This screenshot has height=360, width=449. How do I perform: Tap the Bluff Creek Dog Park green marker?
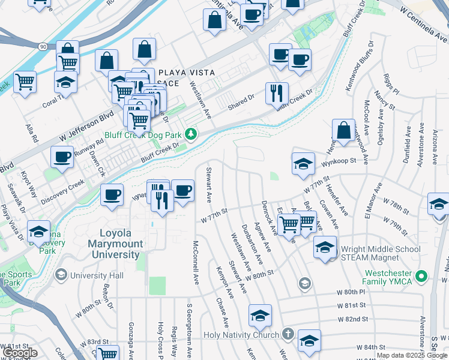[191, 133]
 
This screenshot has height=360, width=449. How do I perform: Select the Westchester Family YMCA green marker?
[422, 276]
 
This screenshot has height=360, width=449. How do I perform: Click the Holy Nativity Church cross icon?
[288, 334]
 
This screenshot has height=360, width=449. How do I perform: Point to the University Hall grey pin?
[61, 275]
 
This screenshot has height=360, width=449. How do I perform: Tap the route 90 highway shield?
[42, 46]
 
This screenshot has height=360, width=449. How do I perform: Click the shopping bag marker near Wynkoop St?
[343, 130]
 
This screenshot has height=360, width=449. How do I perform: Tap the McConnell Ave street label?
[196, 263]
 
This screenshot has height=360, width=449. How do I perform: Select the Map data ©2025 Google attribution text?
[412, 355]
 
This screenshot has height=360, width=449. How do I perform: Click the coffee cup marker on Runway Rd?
[61, 158]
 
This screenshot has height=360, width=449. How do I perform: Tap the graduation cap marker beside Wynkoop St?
[303, 163]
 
